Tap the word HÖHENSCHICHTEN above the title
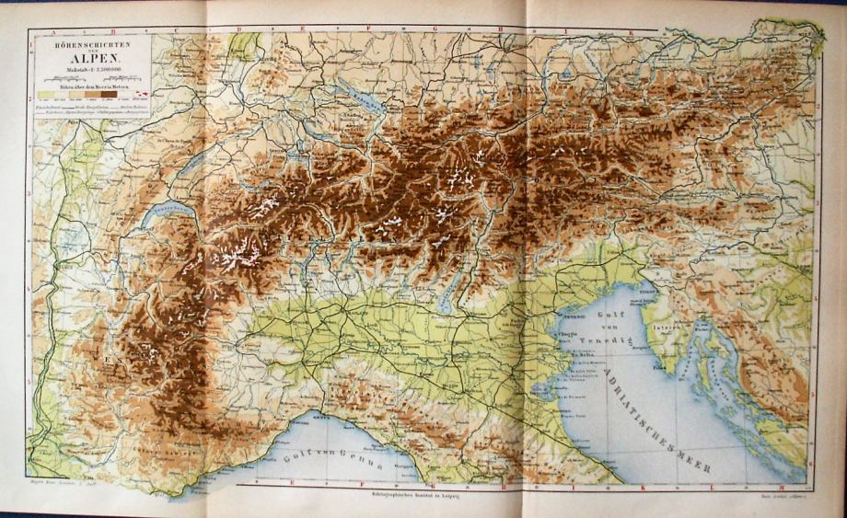click(x=91, y=42)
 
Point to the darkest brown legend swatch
click(x=109, y=93)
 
